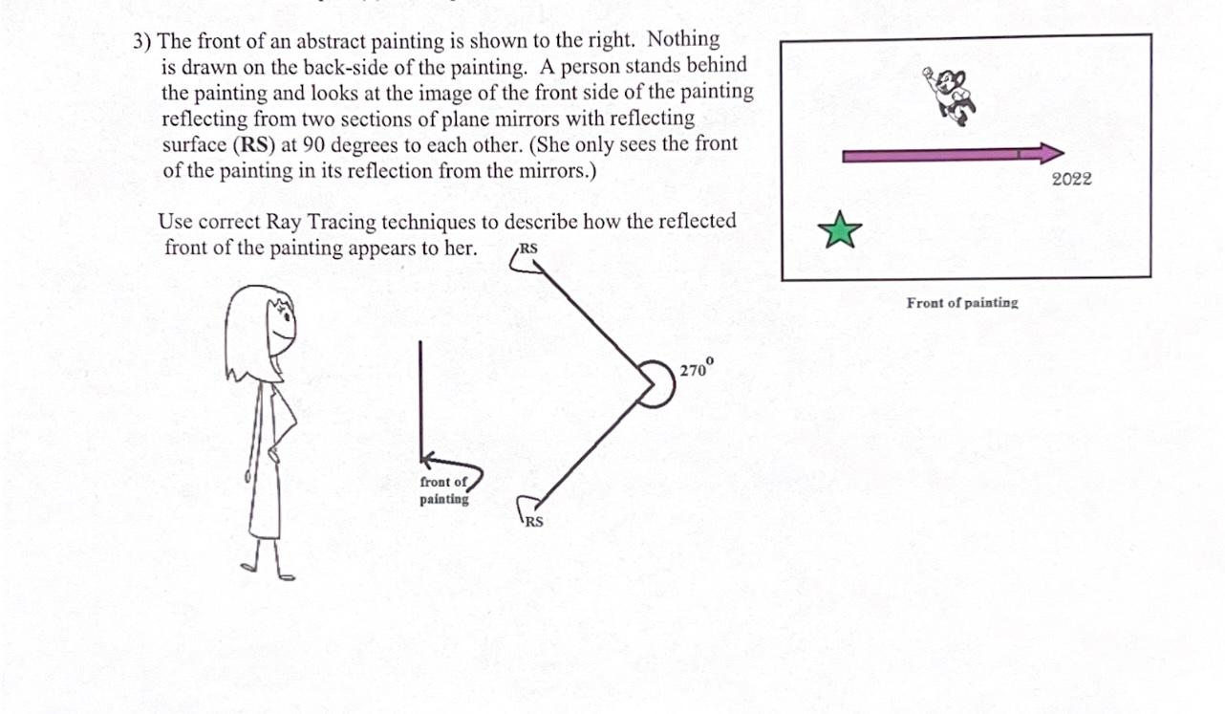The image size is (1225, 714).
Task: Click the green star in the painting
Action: tap(840, 230)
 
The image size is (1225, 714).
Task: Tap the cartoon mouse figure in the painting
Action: tap(950, 97)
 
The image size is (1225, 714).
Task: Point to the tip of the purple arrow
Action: tap(1064, 153)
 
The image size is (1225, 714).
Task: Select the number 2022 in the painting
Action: tap(1071, 179)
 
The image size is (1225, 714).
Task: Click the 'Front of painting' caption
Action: tap(962, 303)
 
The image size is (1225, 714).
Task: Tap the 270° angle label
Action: tap(697, 368)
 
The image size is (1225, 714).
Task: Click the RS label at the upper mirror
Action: tap(528, 249)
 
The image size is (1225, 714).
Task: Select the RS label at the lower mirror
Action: tap(534, 522)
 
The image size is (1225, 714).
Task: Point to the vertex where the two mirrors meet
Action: tap(654, 384)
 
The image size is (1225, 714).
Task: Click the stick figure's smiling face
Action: tap(283, 327)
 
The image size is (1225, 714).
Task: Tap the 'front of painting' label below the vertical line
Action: tap(444, 490)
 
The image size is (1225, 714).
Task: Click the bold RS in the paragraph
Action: tap(255, 145)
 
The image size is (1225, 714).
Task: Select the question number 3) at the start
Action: tap(142, 42)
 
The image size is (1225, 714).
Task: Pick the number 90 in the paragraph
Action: tap(313, 145)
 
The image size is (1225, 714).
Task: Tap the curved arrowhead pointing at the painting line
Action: tap(428, 460)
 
